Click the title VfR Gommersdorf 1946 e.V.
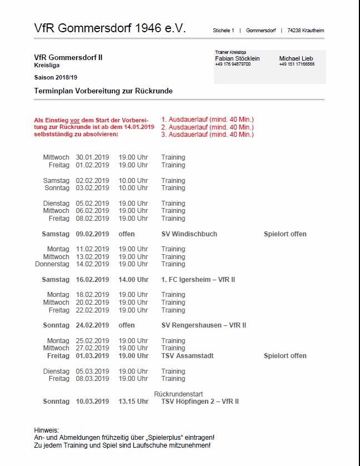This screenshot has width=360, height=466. click(109, 28)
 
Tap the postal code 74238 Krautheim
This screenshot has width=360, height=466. click(306, 31)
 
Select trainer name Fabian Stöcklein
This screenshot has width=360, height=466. click(237, 58)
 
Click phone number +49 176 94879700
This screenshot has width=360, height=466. click(233, 65)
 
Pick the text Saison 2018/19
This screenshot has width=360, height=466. click(56, 77)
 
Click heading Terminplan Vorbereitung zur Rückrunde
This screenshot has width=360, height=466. click(103, 91)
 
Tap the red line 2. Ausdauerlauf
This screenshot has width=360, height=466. click(207, 127)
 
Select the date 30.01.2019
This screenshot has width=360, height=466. click(93, 157)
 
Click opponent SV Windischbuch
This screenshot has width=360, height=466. click(189, 234)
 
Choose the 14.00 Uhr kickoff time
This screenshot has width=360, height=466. click(133, 280)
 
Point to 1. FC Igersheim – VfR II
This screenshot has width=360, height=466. click(198, 280)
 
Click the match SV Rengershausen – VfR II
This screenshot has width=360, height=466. click(203, 325)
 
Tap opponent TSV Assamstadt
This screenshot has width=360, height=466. click(187, 356)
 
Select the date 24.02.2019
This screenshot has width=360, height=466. click(93, 325)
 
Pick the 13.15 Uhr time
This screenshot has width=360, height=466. click(133, 401)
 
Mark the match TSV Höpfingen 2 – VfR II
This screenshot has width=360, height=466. click(199, 401)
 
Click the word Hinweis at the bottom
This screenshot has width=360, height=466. click(46, 430)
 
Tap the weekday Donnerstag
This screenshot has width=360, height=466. click(52, 264)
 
